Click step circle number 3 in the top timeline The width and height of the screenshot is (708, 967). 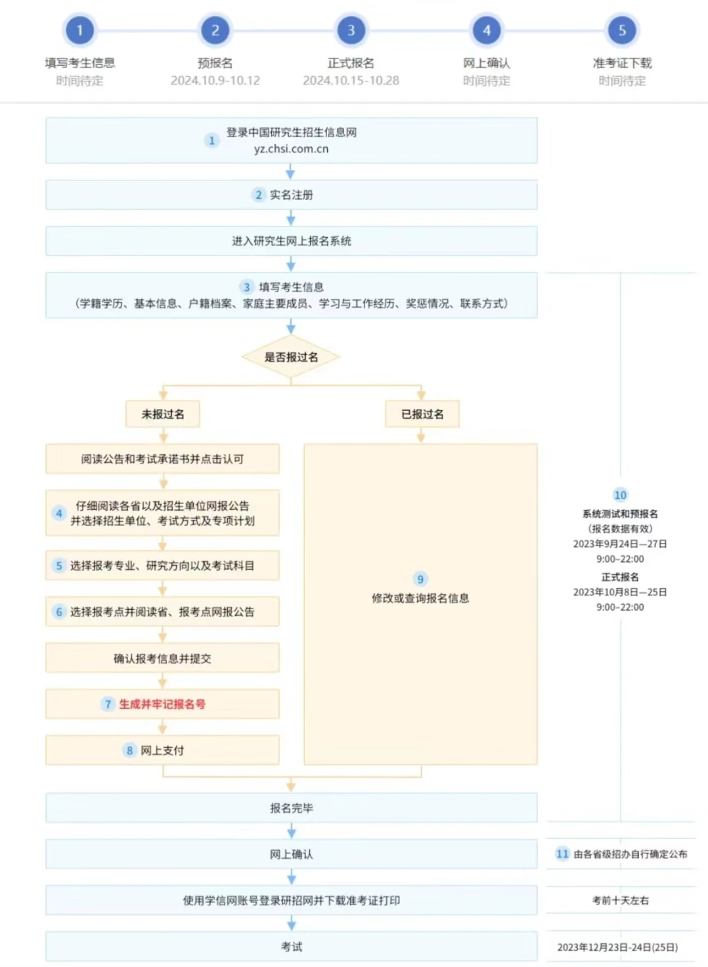[351, 30]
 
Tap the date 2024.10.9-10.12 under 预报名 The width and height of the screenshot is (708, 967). [215, 81]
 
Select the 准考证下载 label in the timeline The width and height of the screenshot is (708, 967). [622, 63]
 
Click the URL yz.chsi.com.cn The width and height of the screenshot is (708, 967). [291, 149]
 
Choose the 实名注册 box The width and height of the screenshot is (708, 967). [291, 195]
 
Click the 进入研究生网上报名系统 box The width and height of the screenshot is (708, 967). [291, 241]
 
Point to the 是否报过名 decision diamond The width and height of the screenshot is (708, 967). [291, 357]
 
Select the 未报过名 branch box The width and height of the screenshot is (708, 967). [163, 414]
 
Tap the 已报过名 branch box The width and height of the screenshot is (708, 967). [422, 414]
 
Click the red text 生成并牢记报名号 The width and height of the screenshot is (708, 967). [162, 704]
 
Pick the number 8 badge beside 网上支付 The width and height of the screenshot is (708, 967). [129, 750]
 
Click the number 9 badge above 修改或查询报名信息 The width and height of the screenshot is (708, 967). [420, 579]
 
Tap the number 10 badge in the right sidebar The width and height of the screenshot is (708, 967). [620, 495]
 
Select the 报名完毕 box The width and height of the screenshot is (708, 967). [291, 808]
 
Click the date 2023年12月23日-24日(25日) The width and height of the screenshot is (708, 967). [617, 947]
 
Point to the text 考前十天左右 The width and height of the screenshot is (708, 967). [620, 901]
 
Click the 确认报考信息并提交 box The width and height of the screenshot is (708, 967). [162, 658]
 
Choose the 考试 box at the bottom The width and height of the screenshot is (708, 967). [291, 947]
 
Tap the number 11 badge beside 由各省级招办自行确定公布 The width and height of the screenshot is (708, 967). [562, 854]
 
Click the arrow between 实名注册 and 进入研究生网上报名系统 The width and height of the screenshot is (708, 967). [291, 219]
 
